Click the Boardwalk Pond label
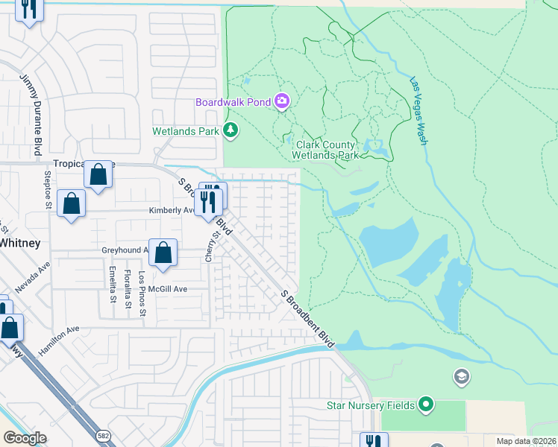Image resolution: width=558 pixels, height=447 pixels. (233, 102)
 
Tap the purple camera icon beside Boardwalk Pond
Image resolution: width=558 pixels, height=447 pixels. (282, 101)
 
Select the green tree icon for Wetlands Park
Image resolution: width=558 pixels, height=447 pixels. (231, 130)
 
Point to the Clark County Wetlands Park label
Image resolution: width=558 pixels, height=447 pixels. (327, 150)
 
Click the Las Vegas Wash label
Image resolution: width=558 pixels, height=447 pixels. (418, 111)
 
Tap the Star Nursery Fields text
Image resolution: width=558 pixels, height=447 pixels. (371, 405)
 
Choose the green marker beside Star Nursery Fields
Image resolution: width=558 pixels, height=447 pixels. (426, 405)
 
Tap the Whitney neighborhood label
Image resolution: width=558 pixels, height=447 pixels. (19, 243)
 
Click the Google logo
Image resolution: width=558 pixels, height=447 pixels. (25, 438)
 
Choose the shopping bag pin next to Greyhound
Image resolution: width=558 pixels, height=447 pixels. (163, 253)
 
